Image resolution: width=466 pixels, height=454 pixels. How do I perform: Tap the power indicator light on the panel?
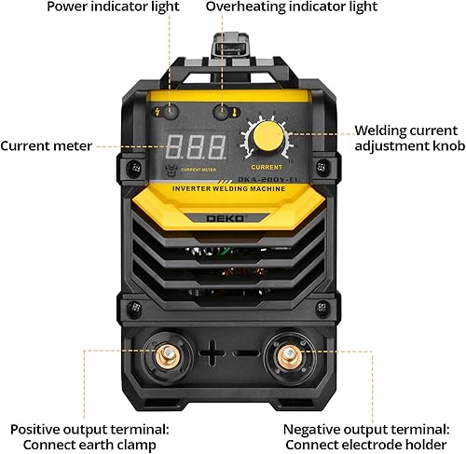(170, 110)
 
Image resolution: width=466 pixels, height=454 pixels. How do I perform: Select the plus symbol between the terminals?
(213, 354)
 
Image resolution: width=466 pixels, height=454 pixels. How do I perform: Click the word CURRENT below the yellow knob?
(268, 169)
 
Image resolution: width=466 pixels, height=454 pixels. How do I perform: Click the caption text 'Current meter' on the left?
(46, 146)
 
